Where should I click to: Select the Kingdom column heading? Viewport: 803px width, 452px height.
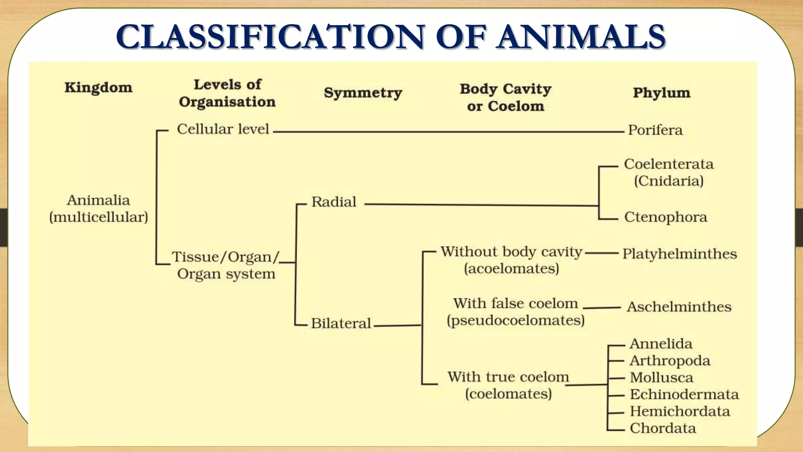pos(98,87)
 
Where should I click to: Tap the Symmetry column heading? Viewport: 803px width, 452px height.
pos(363,93)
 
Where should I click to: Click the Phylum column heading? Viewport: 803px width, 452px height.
pos(661,93)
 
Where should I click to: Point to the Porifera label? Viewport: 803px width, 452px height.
pos(655,130)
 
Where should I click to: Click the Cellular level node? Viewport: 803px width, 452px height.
pos(223,129)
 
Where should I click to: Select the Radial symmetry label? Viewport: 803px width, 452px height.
pos(334,202)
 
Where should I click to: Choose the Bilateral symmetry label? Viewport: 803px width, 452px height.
pos(341,323)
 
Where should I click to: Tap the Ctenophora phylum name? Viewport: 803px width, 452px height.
pos(665,217)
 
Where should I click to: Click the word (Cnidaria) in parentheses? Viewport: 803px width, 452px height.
pos(669,181)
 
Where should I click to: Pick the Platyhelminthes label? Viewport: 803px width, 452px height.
pos(679,254)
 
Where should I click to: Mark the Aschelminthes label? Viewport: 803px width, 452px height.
pos(679,307)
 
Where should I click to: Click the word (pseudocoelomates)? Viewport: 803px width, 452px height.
pos(516,321)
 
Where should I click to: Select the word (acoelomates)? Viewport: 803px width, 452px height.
pos(511,269)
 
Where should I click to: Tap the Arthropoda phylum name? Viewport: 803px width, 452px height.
pos(670,361)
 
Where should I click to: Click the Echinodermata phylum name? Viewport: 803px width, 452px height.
pos(684,394)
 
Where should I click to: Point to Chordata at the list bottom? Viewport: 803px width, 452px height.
pos(663,428)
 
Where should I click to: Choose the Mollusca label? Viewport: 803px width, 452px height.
pos(661,377)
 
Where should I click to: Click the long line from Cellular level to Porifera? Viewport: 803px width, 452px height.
pos(447,132)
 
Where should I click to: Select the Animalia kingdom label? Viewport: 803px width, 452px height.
pos(98,200)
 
